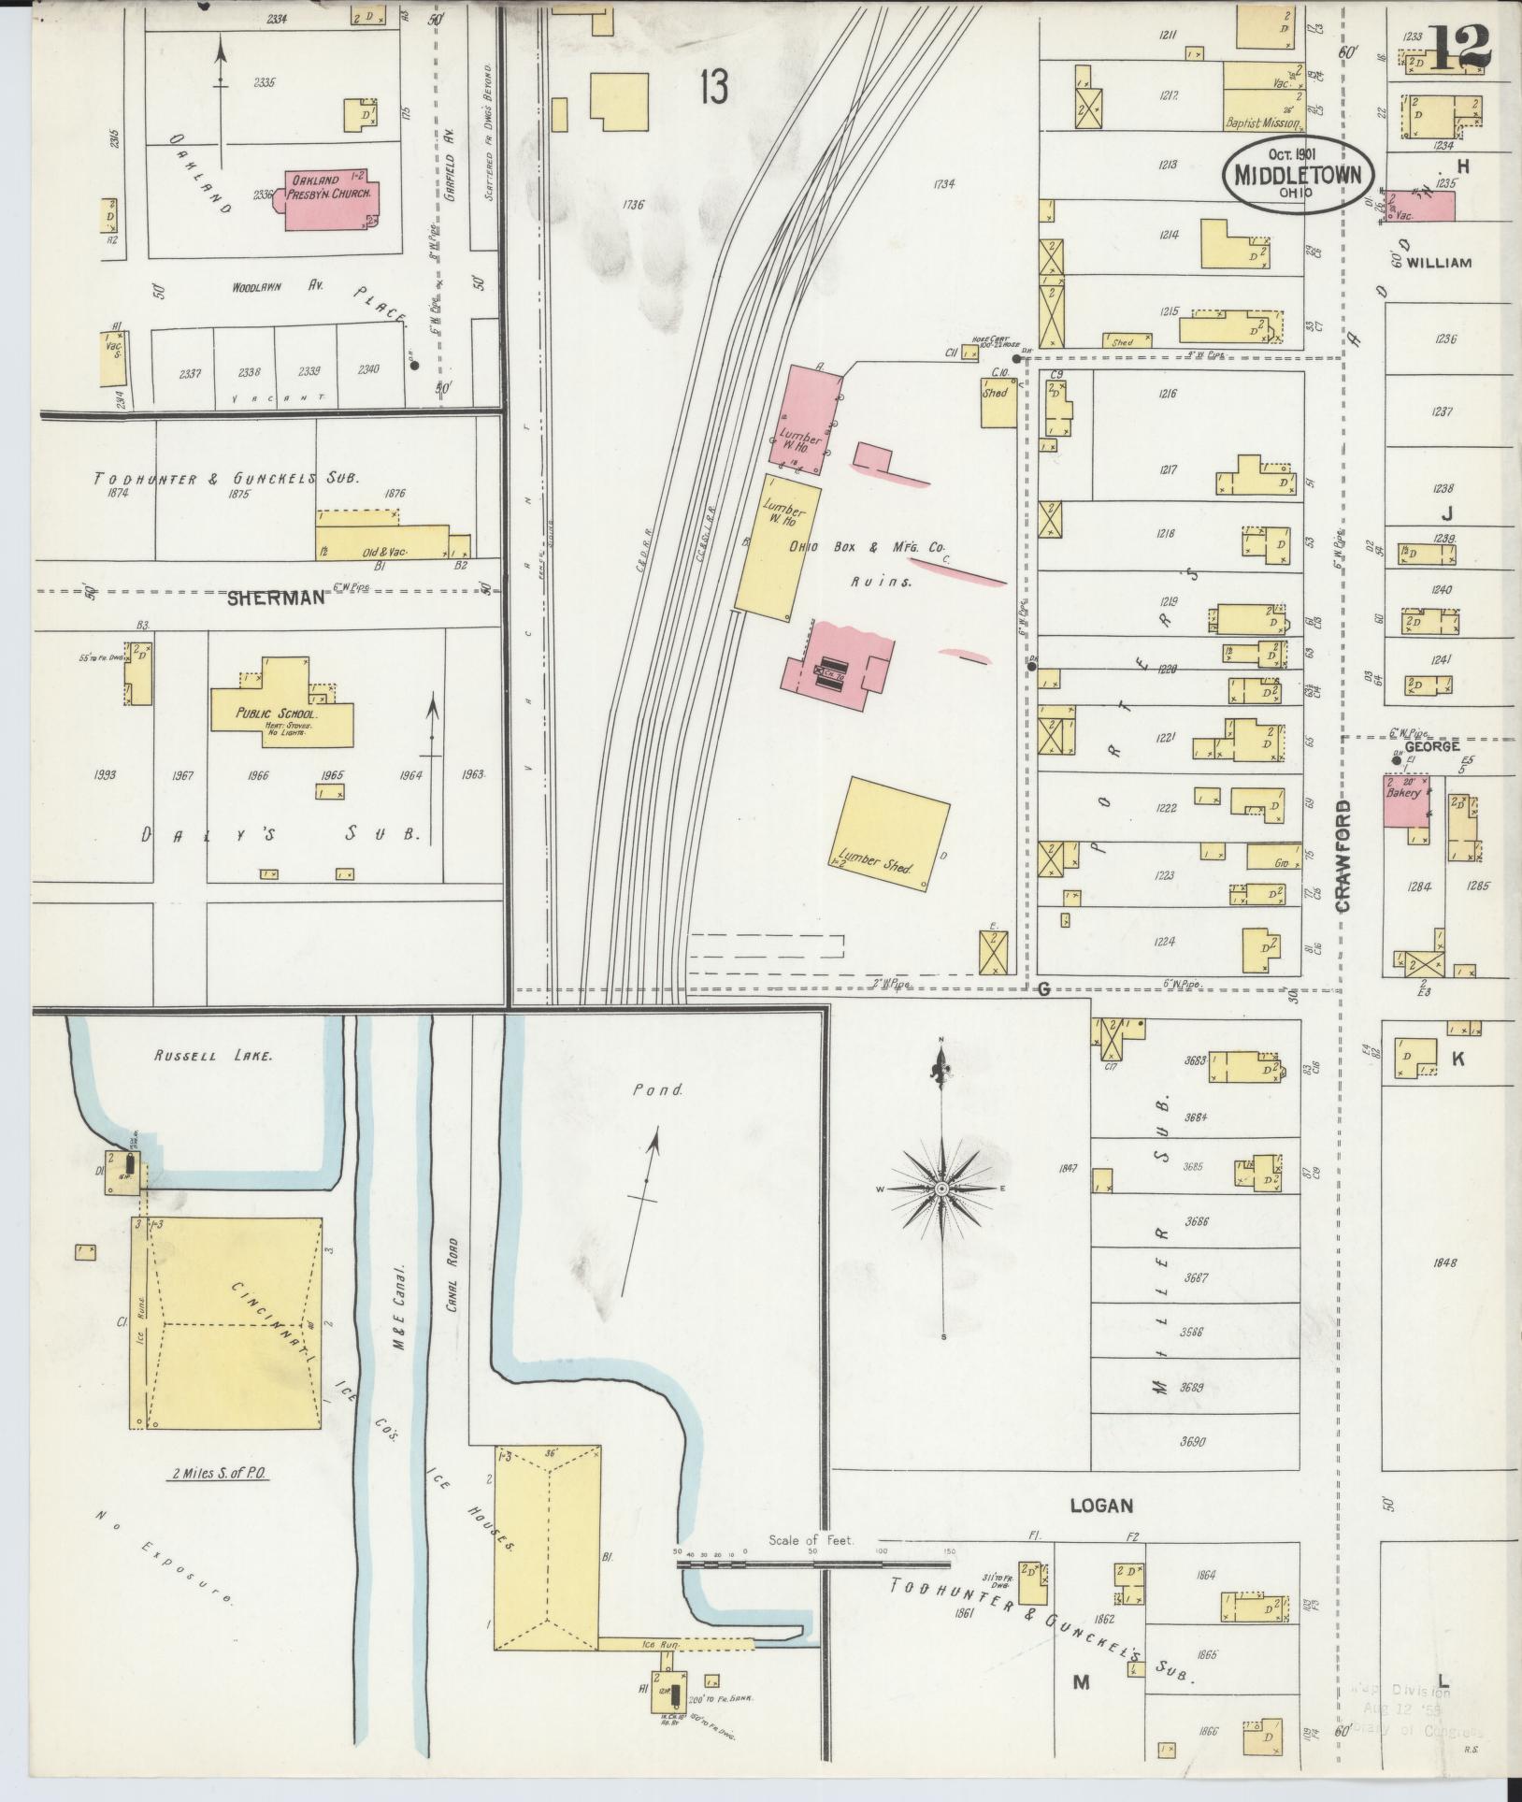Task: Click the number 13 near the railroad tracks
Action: (711, 90)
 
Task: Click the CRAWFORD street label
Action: (1344, 855)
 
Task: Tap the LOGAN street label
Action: (1101, 1506)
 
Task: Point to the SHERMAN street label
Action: (276, 598)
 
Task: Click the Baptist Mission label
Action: (1262, 123)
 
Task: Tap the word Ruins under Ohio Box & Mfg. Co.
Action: (881, 581)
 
